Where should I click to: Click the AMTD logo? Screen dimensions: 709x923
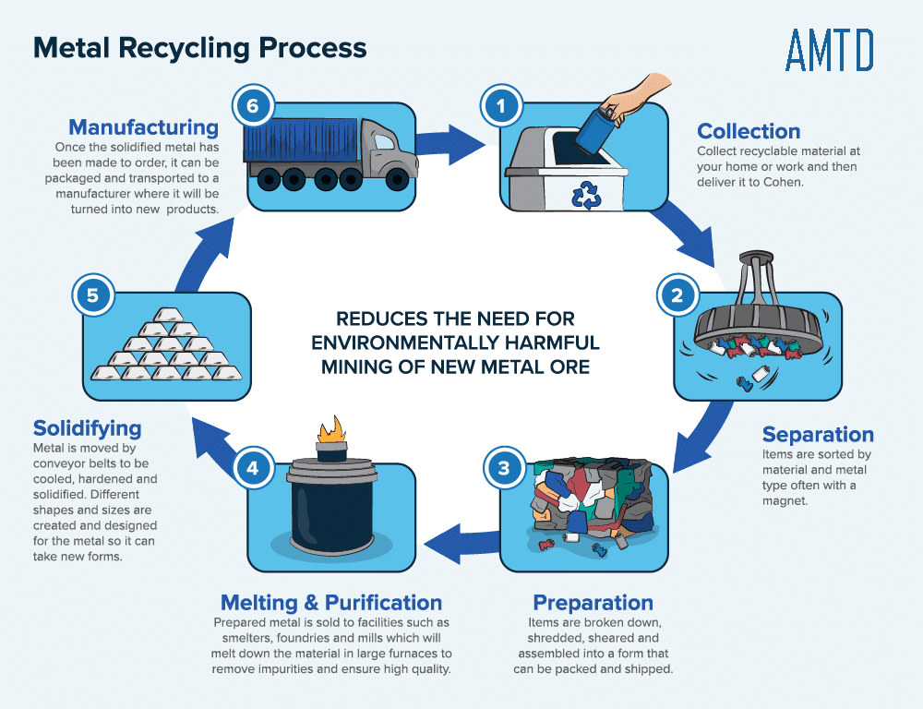[x=829, y=50]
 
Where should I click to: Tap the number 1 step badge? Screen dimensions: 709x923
[x=500, y=106]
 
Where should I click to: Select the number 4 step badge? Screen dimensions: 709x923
[x=252, y=467]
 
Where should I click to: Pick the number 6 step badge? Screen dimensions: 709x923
[x=252, y=105]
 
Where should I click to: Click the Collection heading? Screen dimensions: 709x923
[x=749, y=131]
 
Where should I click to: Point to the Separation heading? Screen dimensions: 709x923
[x=818, y=434]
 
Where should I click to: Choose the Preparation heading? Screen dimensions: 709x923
[x=593, y=603]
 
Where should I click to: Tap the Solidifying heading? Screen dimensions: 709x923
[x=88, y=428]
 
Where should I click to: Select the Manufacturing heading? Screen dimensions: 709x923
[x=144, y=126]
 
